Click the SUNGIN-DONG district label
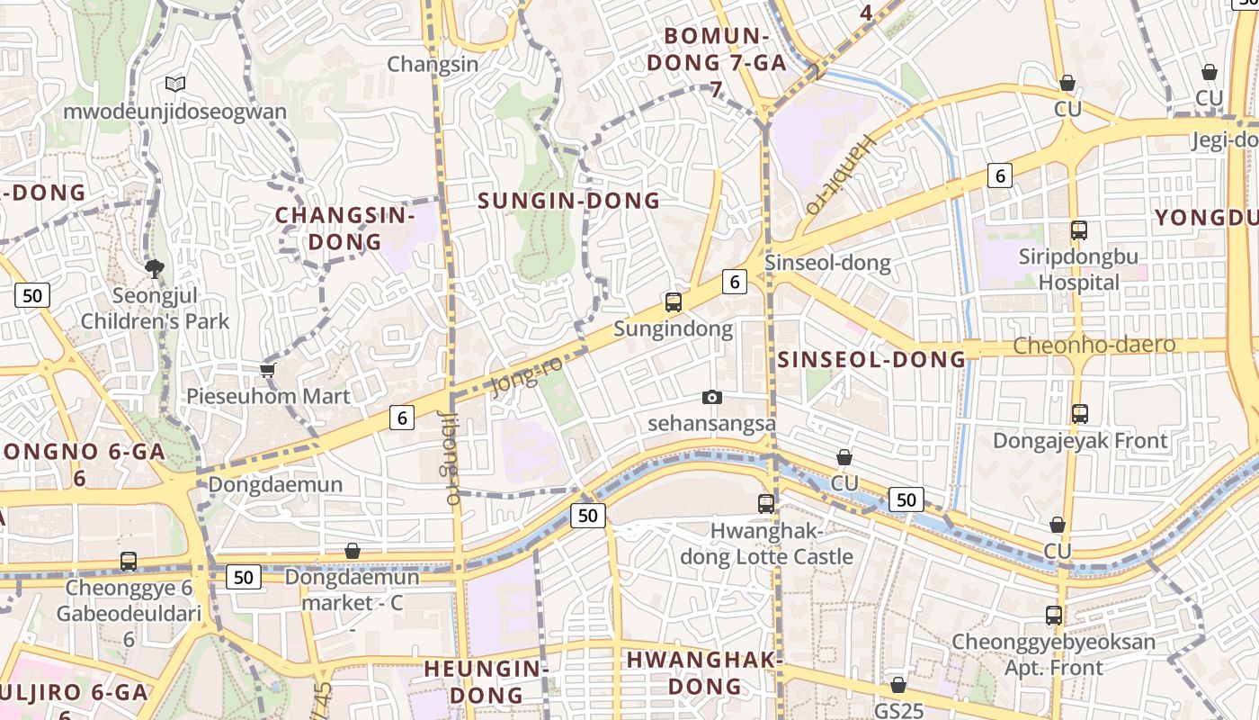coord(569,200)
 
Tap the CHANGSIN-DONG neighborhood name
coord(345,229)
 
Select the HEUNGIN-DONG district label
coord(487,681)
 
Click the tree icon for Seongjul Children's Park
coord(155,267)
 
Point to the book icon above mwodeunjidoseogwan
coord(175,84)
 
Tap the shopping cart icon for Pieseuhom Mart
coord(266,370)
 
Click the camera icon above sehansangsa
coord(712,397)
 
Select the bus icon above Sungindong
coord(673,302)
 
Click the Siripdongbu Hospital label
coord(1078,269)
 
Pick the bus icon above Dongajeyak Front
coord(1080,414)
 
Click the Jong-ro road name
coord(527,375)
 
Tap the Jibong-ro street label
coord(450,457)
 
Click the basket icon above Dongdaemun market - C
coord(353,550)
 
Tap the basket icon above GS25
coord(897,685)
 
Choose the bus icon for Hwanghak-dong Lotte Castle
coord(766,503)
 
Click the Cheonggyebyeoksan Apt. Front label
coord(1053,654)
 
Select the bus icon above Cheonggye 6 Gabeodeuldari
coord(129,562)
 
